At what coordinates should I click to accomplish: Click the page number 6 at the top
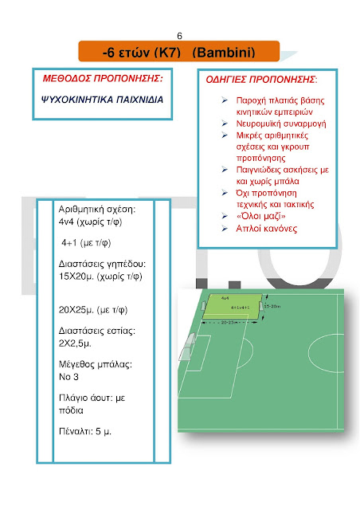(179, 36)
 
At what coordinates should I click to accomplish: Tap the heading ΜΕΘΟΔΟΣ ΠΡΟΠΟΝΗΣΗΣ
(102, 80)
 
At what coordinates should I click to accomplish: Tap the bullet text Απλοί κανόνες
(267, 229)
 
